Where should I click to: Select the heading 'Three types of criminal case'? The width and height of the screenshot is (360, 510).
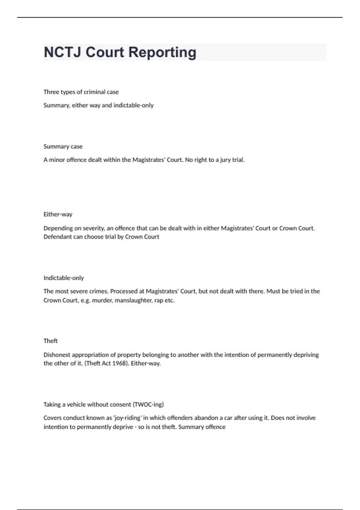point(81,92)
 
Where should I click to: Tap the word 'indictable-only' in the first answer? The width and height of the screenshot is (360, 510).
point(133,105)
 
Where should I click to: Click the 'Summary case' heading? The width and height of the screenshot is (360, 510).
point(63,146)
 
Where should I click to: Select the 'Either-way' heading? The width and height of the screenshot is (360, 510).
point(58,214)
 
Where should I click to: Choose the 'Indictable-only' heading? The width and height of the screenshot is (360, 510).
point(64,278)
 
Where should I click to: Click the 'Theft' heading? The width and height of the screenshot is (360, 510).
point(50,341)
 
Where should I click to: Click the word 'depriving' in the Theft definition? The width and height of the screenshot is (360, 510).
point(306,355)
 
